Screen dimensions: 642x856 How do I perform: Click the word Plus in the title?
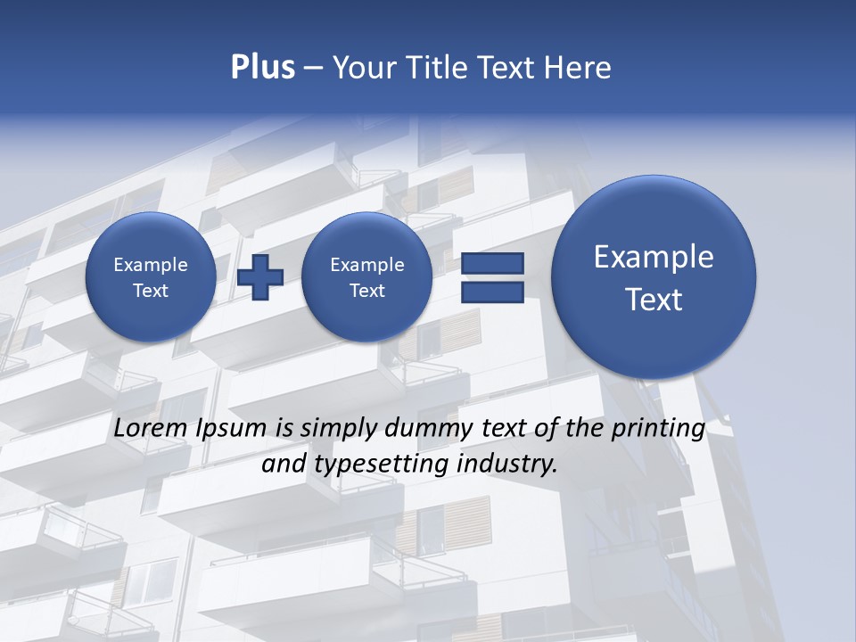262,68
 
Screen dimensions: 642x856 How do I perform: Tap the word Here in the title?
579,68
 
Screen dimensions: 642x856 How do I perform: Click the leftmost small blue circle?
150,277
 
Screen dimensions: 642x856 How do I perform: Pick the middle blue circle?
366,277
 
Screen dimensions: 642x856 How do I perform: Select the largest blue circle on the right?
654,277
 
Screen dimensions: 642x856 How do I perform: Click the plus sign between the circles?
260,277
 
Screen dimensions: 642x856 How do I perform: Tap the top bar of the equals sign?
492,263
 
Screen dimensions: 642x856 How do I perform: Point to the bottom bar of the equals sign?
492,292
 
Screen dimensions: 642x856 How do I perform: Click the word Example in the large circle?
654,257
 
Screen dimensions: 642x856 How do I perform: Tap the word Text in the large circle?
654,300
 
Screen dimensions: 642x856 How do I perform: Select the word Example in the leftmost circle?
150,265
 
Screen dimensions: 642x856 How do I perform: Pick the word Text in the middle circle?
366,291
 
